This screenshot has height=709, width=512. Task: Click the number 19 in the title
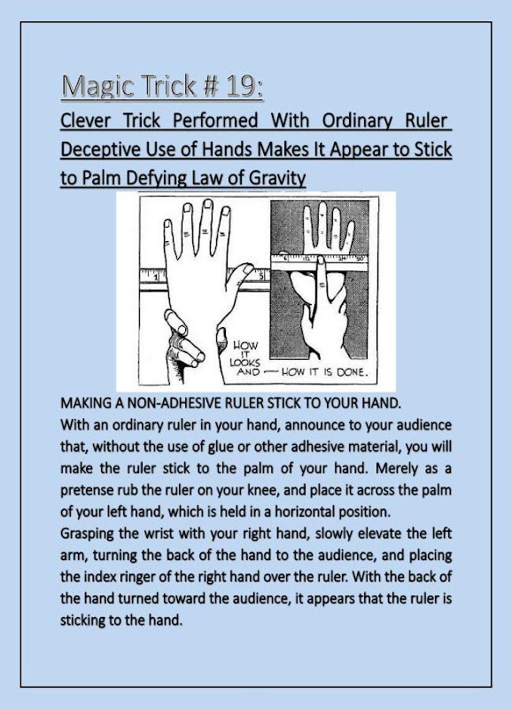point(243,85)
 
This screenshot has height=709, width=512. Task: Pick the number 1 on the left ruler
point(155,277)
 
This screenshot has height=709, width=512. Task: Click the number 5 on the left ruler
point(261,276)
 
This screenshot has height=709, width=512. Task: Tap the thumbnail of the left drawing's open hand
point(249,269)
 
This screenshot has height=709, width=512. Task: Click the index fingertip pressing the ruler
point(320,260)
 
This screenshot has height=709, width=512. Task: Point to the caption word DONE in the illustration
point(352,372)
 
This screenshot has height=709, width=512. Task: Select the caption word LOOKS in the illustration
point(244,362)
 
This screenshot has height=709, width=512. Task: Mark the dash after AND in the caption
point(270,372)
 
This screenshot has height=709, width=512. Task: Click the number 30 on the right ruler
point(361,258)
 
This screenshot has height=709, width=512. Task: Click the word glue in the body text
point(220,448)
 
